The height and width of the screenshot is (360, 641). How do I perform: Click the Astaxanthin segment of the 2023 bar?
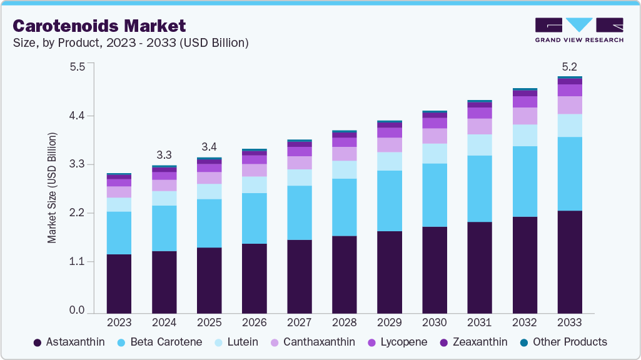point(119,283)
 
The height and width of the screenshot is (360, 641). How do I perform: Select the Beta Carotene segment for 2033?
point(570,174)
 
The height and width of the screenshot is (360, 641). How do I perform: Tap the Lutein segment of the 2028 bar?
point(345,169)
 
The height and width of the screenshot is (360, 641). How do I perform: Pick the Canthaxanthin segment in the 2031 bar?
point(480,126)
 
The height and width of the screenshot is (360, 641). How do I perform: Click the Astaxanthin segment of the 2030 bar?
point(435,269)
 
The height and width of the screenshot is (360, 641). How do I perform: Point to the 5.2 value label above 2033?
point(570,66)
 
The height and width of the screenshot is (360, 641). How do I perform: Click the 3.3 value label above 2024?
point(164,154)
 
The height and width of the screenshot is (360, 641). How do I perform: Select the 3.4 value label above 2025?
point(209,147)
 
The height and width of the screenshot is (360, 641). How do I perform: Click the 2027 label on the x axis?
point(299,322)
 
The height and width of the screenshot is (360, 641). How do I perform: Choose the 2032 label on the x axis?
point(525,322)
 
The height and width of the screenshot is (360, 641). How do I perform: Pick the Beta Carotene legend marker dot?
point(123,342)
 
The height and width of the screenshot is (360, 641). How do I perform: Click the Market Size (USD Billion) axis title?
point(53,187)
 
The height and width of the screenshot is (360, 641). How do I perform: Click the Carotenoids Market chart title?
point(99,26)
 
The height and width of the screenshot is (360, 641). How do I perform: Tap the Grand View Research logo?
point(578,29)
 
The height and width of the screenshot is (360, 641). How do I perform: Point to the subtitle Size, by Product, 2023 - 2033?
point(131,43)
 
